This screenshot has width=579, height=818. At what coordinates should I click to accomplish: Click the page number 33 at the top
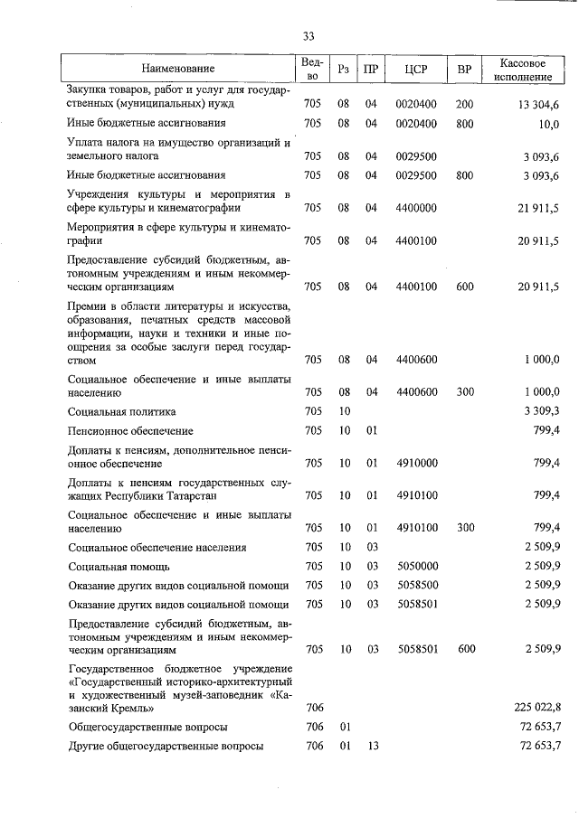pos(308,36)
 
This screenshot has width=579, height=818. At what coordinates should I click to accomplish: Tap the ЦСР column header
pos(416,69)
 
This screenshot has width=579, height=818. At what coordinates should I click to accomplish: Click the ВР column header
pos(464,69)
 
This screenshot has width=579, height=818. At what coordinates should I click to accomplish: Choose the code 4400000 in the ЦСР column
pos(416,208)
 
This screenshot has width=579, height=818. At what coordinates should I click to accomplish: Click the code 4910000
pos(416,464)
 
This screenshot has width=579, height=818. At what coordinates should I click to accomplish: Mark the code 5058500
pos(416,585)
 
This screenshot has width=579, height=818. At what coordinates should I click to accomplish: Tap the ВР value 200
pos(464,104)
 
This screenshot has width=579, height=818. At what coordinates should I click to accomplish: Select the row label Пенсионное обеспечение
pos(130,430)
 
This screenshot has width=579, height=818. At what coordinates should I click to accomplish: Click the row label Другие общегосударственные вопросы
pos(166,746)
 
